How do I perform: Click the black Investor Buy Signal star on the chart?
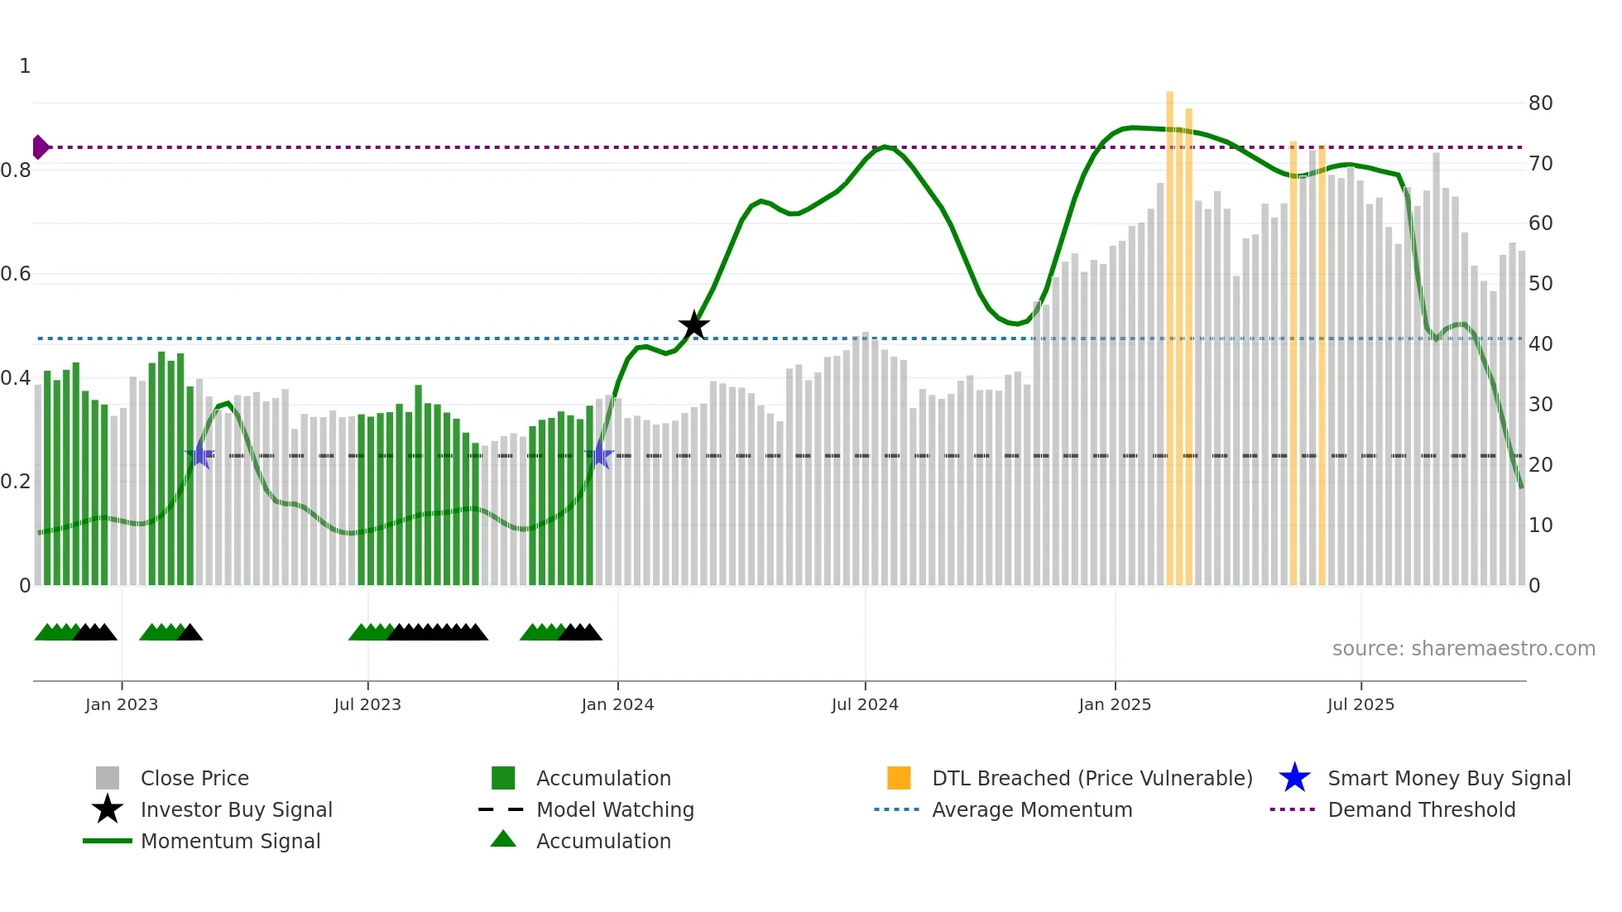[693, 325]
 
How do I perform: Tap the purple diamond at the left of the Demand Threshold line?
[40, 147]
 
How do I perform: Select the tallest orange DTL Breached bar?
[1169, 331]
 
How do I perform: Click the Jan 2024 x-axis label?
[617, 704]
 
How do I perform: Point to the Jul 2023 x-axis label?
[367, 704]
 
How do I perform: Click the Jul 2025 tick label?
[1360, 704]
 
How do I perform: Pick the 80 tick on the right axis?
[1540, 103]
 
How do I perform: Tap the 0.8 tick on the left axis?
[17, 170]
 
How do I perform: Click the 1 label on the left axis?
[25, 66]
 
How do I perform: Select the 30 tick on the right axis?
[1540, 405]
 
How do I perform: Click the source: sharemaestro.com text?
[1463, 648]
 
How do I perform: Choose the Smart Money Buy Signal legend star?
[1294, 778]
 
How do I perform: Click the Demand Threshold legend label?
[1421, 809]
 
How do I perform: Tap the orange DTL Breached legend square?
[899, 778]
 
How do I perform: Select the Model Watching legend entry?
[615, 809]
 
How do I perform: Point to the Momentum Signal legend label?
[230, 841]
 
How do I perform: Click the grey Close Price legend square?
[108, 778]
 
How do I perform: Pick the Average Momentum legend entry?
[1031, 809]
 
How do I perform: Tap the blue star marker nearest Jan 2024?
[599, 455]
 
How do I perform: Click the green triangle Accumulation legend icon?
[503, 839]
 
